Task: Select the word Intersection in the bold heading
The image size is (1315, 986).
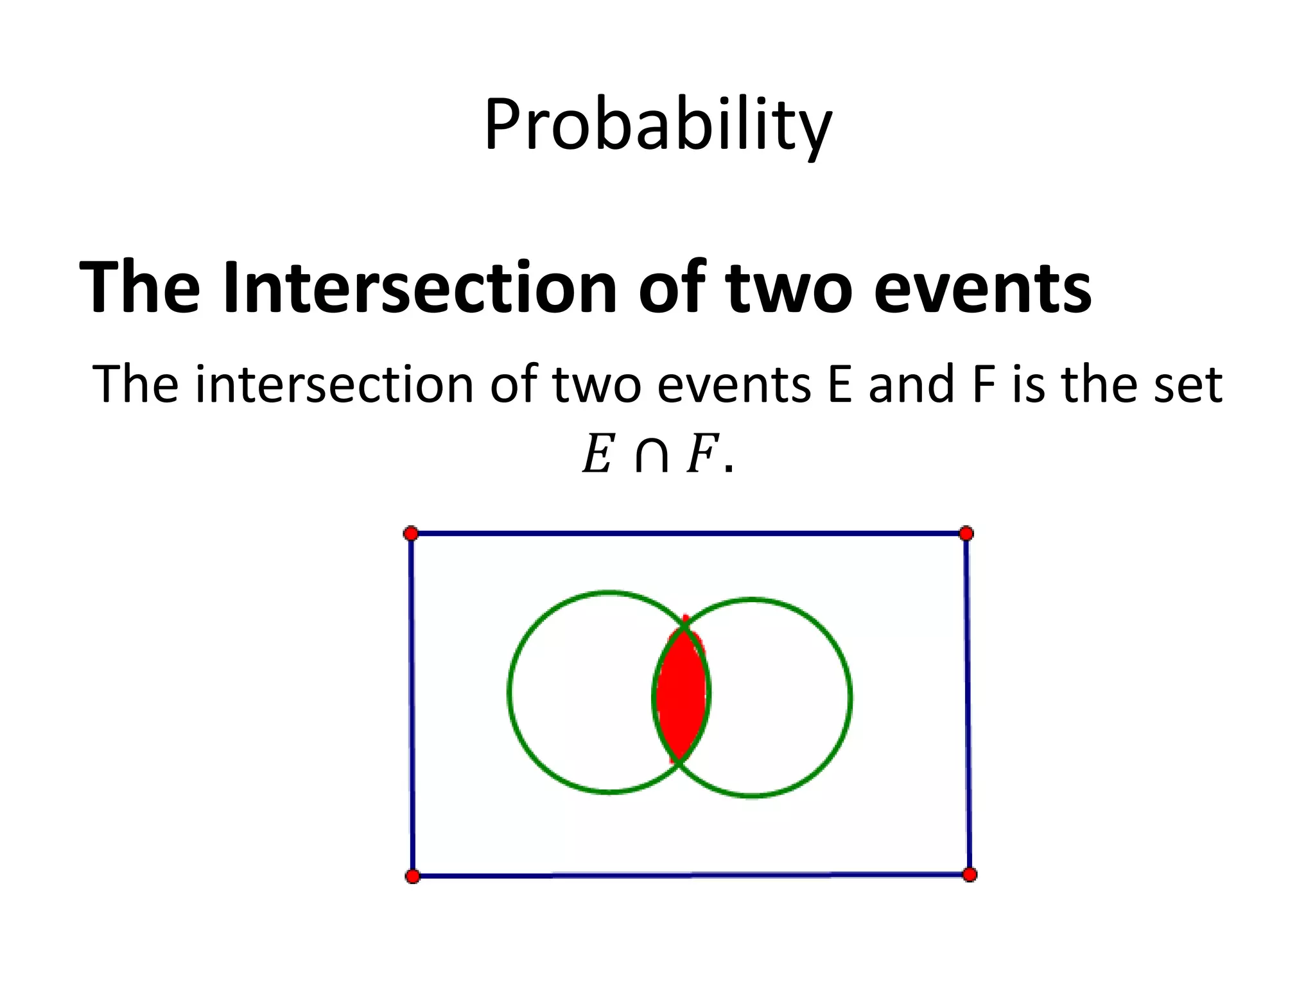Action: point(420,287)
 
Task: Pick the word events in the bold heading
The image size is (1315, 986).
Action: point(982,287)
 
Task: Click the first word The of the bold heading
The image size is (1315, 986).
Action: point(139,287)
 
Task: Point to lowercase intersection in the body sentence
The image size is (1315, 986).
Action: point(335,385)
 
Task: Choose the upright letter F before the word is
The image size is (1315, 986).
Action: point(983,385)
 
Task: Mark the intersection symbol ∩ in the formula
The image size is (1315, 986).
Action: point(651,456)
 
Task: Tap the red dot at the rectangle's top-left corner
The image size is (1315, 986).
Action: point(411,533)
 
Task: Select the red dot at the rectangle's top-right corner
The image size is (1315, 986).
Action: point(966,533)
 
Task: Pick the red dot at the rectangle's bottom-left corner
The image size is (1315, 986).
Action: point(413,876)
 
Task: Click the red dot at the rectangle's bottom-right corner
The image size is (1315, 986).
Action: point(970,874)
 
